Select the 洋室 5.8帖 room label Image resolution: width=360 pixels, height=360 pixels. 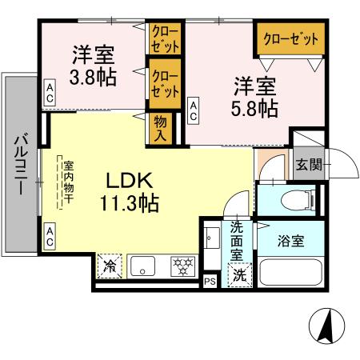click(x=256, y=96)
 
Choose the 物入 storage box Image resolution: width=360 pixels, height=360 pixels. click(x=161, y=129)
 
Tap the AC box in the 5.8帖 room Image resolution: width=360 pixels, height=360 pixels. click(x=194, y=110)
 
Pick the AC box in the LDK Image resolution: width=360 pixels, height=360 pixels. click(x=49, y=237)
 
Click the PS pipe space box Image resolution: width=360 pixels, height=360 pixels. click(x=210, y=281)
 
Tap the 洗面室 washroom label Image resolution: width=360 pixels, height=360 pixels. click(x=238, y=238)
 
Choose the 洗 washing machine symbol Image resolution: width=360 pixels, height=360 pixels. click(x=240, y=275)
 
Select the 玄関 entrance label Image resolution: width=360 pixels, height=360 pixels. click(x=309, y=166)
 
